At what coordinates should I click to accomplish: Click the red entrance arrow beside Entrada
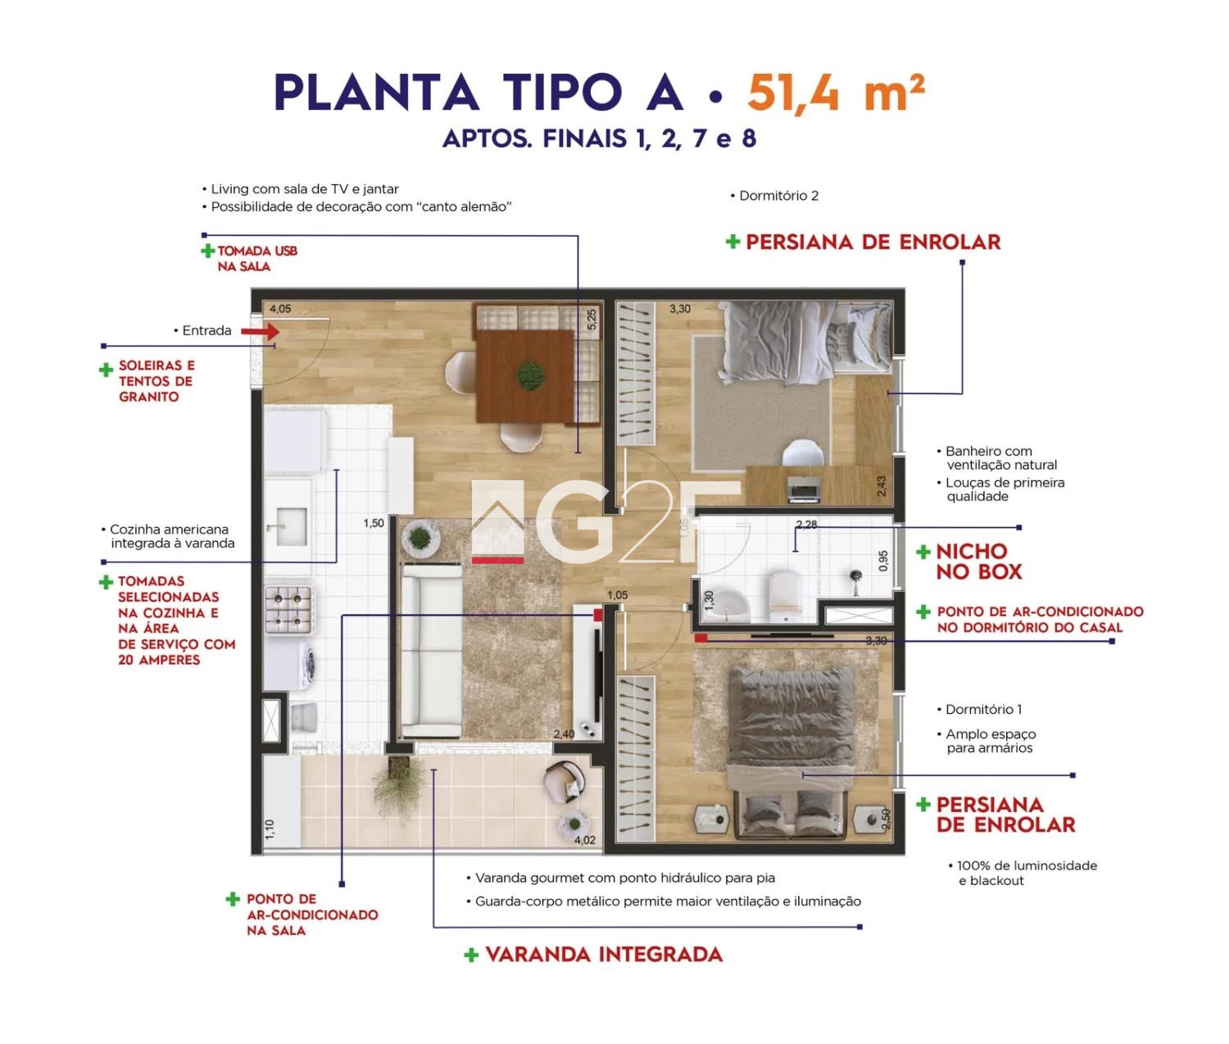[x=261, y=331]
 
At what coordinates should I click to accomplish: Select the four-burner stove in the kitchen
[x=289, y=609]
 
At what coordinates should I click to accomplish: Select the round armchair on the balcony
[x=565, y=780]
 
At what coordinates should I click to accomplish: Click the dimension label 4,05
[x=280, y=309]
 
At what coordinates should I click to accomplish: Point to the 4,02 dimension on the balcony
[x=584, y=841]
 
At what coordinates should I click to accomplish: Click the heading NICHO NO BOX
[x=978, y=562]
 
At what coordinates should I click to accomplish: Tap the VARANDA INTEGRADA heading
[x=604, y=955]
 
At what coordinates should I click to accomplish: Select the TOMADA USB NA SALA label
[x=256, y=259]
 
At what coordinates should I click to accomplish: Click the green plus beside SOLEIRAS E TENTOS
[x=106, y=370]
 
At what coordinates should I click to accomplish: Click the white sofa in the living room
[x=432, y=651]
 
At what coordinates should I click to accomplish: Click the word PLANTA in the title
[x=376, y=93]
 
